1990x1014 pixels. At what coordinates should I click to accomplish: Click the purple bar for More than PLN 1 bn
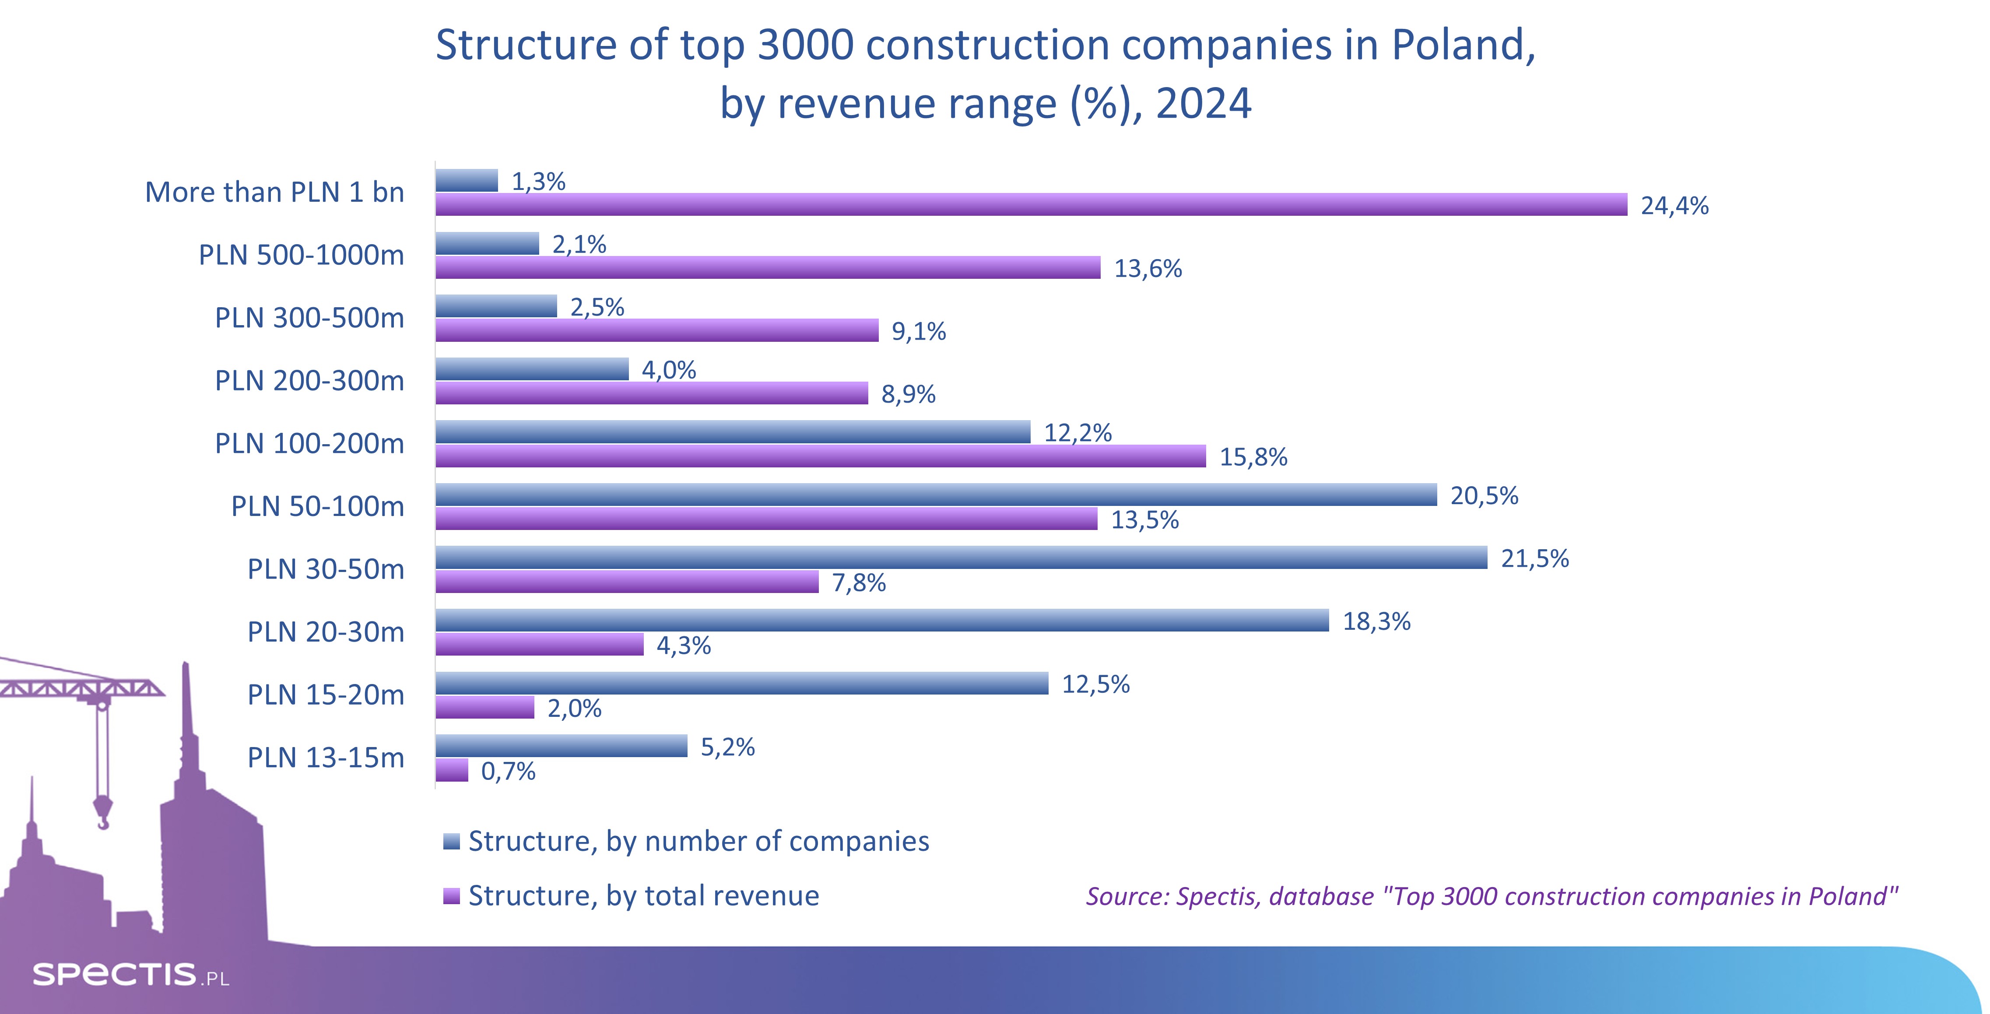pos(1031,205)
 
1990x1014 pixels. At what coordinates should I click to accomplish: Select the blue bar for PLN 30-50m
pos(961,558)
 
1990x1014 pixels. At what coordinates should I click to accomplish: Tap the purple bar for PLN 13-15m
pos(452,770)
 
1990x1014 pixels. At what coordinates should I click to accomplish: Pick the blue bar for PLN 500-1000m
pos(487,243)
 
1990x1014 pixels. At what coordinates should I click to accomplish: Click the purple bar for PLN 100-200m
pos(821,456)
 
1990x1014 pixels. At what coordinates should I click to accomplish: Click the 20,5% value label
pos(1484,496)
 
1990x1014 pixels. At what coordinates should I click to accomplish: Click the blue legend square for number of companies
pos(451,842)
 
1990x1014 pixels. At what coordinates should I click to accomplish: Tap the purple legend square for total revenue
pos(451,896)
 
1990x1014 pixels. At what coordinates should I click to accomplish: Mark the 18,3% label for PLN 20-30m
pos(1376,622)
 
